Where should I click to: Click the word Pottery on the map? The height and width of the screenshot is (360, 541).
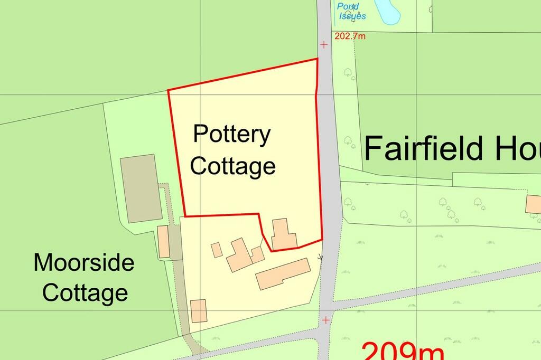click(x=231, y=135)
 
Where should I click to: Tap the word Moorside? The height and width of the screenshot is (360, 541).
click(x=84, y=262)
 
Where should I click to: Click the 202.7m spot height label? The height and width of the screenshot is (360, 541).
click(x=350, y=36)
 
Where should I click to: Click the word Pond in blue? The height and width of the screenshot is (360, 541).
click(x=348, y=7)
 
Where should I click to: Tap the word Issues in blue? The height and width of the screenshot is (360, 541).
click(x=352, y=16)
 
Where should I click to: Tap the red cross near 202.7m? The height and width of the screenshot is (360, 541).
click(x=324, y=45)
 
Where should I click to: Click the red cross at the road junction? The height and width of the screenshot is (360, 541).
click(x=326, y=320)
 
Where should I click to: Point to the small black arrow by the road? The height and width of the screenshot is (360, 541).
click(x=319, y=257)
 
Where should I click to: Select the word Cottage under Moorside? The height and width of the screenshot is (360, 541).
click(x=85, y=292)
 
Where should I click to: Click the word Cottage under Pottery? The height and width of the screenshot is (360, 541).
click(x=233, y=166)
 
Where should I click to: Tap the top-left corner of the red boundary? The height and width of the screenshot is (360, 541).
click(x=168, y=90)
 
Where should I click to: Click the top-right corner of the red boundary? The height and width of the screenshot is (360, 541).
click(x=317, y=59)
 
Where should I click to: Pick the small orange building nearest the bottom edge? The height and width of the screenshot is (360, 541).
click(x=198, y=310)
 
